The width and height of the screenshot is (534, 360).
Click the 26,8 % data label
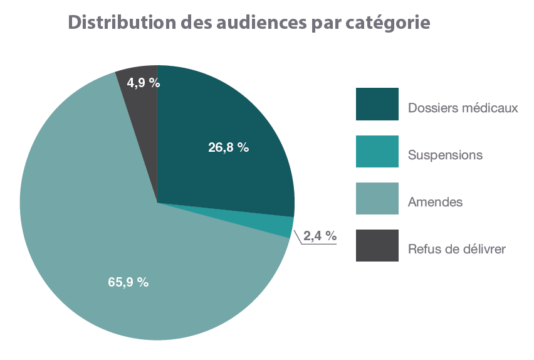(229, 148)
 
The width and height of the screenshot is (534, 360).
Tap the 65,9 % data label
(128, 282)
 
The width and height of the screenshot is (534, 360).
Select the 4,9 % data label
(143, 82)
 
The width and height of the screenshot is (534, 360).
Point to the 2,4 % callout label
(320, 236)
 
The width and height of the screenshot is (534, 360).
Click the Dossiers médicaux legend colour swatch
(377, 104)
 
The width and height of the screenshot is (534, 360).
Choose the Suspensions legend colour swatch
(377, 152)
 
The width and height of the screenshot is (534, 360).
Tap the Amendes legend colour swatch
(377, 199)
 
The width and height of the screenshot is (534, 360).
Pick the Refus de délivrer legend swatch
(377, 246)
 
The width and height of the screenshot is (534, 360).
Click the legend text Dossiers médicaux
(463, 108)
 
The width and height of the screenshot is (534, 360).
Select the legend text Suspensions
(445, 154)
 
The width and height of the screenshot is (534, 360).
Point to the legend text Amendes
(435, 202)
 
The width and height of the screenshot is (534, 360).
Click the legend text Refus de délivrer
(456, 249)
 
